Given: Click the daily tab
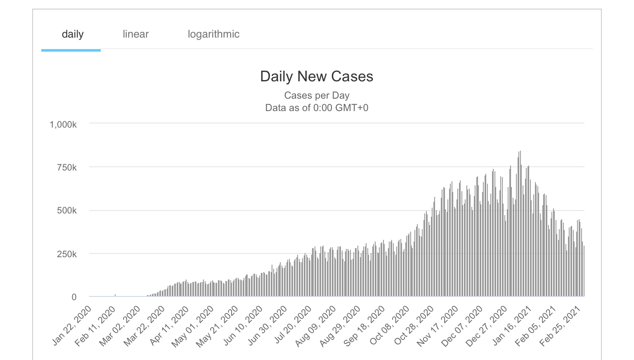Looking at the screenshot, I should point(73,34).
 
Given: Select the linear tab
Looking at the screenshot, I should point(135,34).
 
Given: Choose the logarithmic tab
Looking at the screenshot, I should point(213,34).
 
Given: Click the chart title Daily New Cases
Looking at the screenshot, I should point(317,76).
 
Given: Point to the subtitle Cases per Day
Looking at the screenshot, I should point(317,95).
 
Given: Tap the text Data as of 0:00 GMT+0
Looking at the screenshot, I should point(317,108).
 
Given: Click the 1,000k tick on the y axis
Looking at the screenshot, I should point(63,125).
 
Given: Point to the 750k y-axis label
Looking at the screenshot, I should point(67,168).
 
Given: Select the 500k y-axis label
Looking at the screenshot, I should point(67,211).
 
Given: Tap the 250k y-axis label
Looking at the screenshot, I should point(67,254).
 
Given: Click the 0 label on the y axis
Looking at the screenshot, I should point(74,297).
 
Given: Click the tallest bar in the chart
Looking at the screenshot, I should point(520,223).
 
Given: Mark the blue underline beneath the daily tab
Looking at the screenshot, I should point(71,50).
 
